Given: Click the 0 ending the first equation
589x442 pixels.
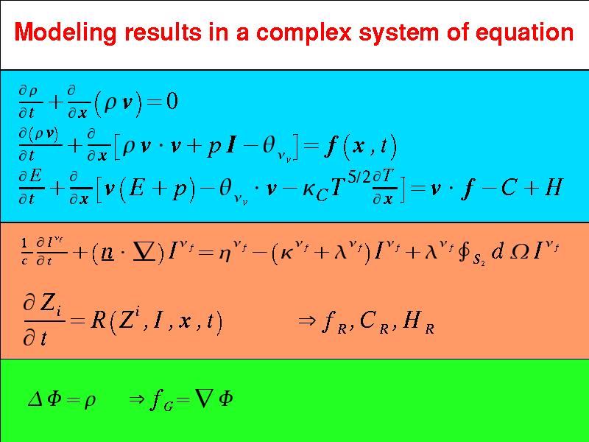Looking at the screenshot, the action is [172, 102].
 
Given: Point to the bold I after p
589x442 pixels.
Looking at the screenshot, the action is [230, 145].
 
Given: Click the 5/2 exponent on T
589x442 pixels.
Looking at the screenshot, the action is [359, 177].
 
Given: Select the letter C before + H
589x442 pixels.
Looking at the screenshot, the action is [509, 187].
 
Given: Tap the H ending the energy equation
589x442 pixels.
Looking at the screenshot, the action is [554, 187].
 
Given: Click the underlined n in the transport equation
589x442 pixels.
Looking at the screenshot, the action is [107, 253].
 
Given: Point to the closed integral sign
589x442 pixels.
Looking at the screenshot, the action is [464, 251].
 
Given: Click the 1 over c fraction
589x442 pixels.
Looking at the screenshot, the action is [24, 253].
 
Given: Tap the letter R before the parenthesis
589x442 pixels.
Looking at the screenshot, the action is [98, 321].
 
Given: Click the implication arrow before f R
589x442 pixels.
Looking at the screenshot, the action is [306, 320].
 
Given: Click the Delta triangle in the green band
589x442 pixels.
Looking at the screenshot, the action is [35, 399].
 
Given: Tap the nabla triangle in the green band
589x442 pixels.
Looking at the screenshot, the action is [203, 399].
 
